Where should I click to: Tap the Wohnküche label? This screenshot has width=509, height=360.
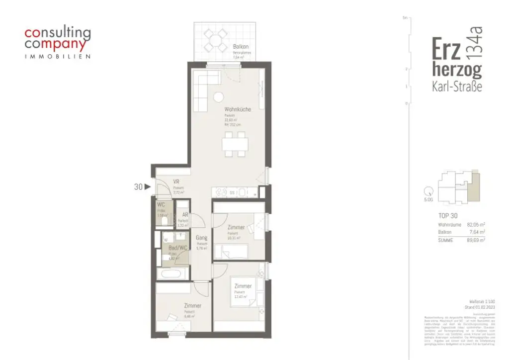[x=238, y=109]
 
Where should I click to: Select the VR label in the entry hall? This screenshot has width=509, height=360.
[x=176, y=181]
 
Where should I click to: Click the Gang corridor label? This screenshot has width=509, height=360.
[x=201, y=238]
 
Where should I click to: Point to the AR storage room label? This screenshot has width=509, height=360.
[x=185, y=215]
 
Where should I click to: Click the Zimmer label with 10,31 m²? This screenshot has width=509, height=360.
[x=236, y=227]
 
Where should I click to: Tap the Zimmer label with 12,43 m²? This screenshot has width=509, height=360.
[x=243, y=286]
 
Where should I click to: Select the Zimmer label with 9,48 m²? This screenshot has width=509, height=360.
[x=192, y=306]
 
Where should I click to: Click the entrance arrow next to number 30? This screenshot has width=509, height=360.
[x=148, y=187]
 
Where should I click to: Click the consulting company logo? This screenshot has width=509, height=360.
[x=58, y=43]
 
